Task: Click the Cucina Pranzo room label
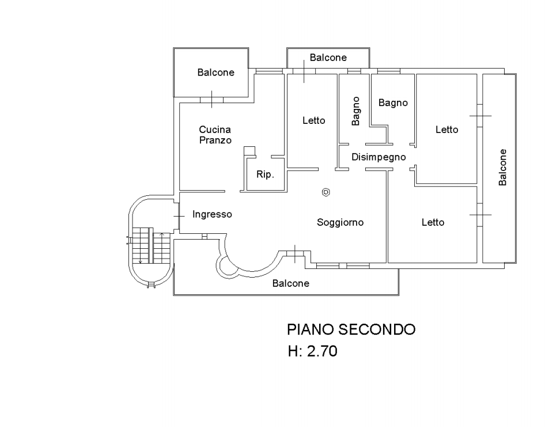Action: tap(215, 135)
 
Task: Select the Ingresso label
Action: tap(212, 214)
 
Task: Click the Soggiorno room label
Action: tap(340, 222)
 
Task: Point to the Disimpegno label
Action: tap(379, 157)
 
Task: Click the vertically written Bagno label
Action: tap(356, 111)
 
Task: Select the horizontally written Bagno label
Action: tap(393, 103)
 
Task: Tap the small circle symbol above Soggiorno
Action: tap(326, 192)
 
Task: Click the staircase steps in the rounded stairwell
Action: tap(142, 245)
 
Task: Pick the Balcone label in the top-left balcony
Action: tap(215, 73)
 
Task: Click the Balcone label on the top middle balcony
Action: tap(328, 58)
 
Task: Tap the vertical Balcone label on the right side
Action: tap(502, 167)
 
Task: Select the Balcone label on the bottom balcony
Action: tap(291, 283)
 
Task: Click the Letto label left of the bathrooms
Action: tap(313, 120)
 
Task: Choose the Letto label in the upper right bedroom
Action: tap(446, 130)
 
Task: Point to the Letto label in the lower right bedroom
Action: tap(433, 222)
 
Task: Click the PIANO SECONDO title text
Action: tap(351, 329)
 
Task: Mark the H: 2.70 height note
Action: tap(313, 350)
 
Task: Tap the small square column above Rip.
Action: tap(249, 151)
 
